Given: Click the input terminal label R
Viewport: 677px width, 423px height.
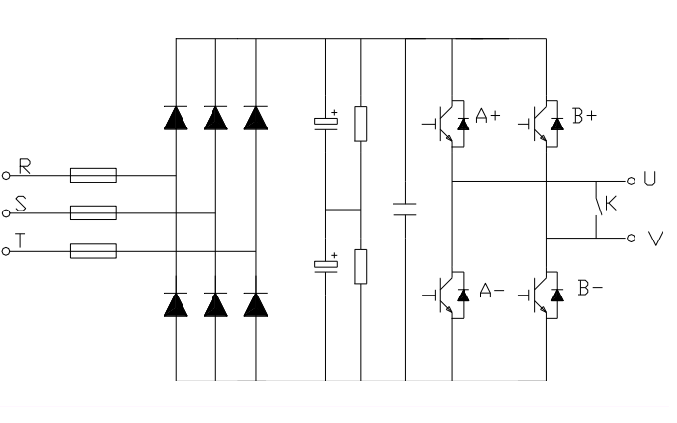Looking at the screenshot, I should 26,167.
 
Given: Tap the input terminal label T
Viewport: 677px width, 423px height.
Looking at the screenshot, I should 21,241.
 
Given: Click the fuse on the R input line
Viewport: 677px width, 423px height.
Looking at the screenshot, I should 93,176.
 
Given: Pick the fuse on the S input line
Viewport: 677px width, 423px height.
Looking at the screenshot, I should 93,212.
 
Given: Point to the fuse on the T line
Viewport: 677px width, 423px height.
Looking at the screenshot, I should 93,251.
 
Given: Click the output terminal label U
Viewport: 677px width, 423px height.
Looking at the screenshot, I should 649,180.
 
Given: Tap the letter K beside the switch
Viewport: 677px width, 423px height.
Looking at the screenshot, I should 610,204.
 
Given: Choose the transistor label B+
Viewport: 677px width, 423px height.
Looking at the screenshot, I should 584,117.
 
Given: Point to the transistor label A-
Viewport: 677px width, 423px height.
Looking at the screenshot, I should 491,290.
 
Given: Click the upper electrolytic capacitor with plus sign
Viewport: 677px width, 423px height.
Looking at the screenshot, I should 326,123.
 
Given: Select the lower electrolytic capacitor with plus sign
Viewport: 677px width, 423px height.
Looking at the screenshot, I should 326,264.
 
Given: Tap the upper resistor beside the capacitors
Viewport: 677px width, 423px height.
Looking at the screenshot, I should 361,124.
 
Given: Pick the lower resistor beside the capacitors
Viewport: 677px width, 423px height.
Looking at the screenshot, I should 361,266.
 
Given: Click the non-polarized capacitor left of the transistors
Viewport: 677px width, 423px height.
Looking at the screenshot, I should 406,209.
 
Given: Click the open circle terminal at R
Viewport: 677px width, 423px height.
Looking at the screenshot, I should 6,176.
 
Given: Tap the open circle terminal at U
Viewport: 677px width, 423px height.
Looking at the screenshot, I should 632,181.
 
